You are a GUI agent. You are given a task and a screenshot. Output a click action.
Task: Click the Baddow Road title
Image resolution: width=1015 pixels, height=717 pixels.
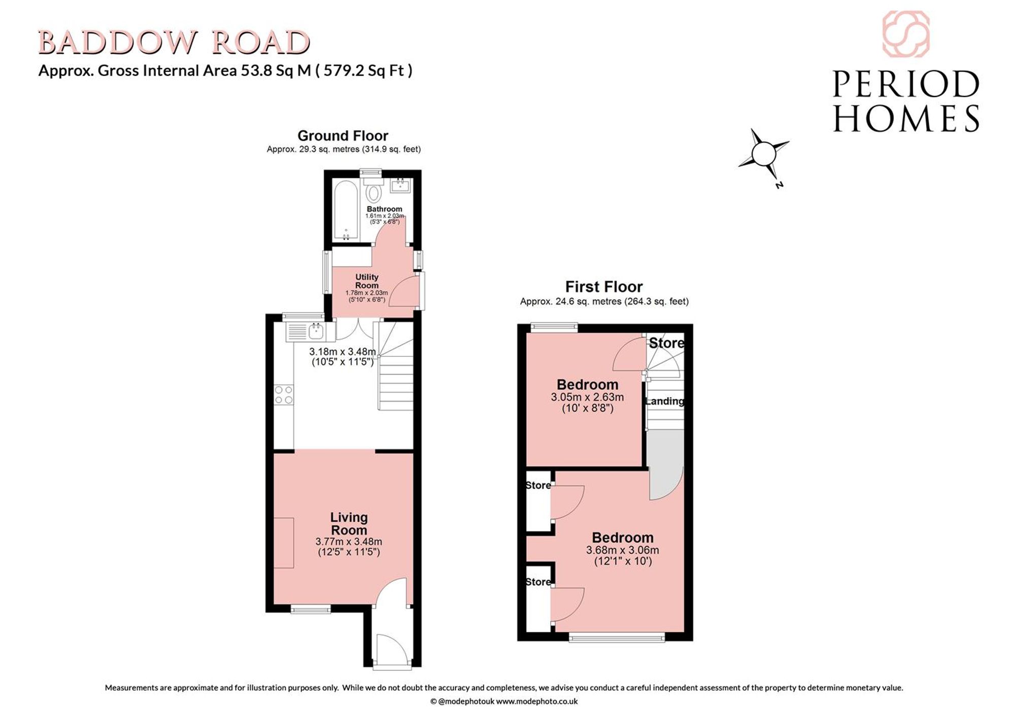point(174,43)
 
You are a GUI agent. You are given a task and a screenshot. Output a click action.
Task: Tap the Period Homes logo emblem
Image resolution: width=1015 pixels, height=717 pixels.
point(906,34)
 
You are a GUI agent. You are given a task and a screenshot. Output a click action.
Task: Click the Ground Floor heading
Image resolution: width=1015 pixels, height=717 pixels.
point(343,136)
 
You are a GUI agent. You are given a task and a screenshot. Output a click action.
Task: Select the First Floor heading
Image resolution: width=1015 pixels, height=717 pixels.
point(604,286)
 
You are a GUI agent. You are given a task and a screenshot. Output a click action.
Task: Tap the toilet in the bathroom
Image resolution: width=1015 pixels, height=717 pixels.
point(374,190)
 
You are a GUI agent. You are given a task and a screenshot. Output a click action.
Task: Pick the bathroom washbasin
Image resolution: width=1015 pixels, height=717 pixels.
point(401,185)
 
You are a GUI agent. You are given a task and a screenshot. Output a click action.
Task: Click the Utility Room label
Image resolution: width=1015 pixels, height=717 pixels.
point(366,281)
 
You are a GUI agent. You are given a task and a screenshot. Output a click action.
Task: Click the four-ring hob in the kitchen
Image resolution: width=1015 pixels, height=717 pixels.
point(284,395)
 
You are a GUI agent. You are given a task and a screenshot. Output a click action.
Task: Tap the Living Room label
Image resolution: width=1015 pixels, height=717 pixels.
point(349,524)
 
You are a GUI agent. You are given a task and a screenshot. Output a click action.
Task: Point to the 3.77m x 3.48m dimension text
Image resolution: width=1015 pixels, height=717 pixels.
point(349,542)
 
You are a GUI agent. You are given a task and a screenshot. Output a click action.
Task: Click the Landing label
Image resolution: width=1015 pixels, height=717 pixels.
point(664,401)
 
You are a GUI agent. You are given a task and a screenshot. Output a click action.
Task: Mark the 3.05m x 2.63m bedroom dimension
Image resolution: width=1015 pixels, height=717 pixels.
point(587,397)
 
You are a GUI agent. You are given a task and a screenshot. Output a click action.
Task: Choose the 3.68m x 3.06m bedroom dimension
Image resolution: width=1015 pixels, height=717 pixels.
point(623,550)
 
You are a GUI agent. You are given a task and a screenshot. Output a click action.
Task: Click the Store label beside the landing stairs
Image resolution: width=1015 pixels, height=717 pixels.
point(666,343)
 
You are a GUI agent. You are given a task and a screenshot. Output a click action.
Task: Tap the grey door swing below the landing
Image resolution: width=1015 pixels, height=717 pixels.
point(665,465)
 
